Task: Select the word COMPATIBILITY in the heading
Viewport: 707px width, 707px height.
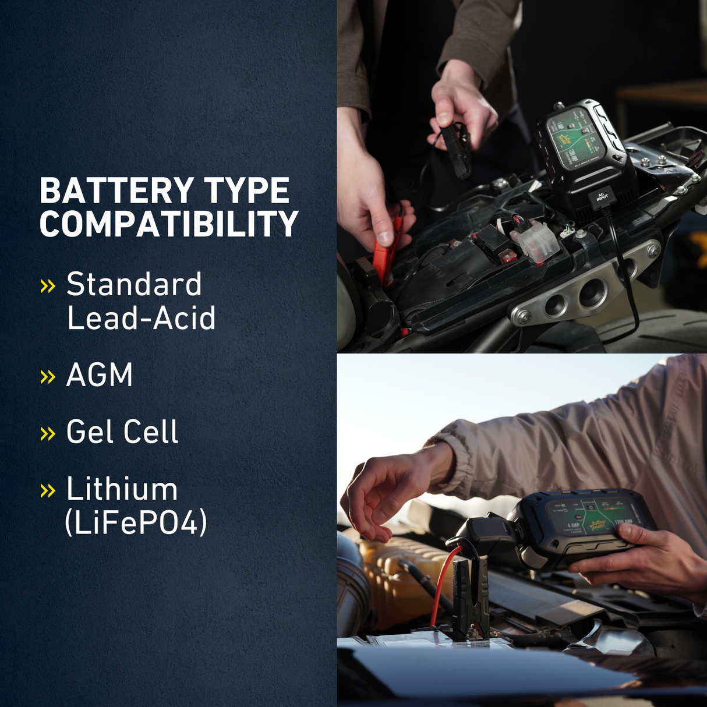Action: [169, 224]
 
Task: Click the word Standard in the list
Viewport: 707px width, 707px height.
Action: [134, 284]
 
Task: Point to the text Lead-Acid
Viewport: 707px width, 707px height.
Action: [141, 318]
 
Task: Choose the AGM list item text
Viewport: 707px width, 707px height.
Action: [100, 374]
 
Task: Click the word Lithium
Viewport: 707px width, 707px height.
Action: [122, 489]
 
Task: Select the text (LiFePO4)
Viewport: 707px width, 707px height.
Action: [136, 522]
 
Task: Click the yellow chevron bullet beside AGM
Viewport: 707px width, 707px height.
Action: [48, 377]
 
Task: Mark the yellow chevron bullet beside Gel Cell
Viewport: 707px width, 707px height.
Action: [48, 434]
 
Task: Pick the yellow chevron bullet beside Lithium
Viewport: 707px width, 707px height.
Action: [48, 491]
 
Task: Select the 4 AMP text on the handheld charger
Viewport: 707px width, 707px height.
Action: [573, 525]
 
